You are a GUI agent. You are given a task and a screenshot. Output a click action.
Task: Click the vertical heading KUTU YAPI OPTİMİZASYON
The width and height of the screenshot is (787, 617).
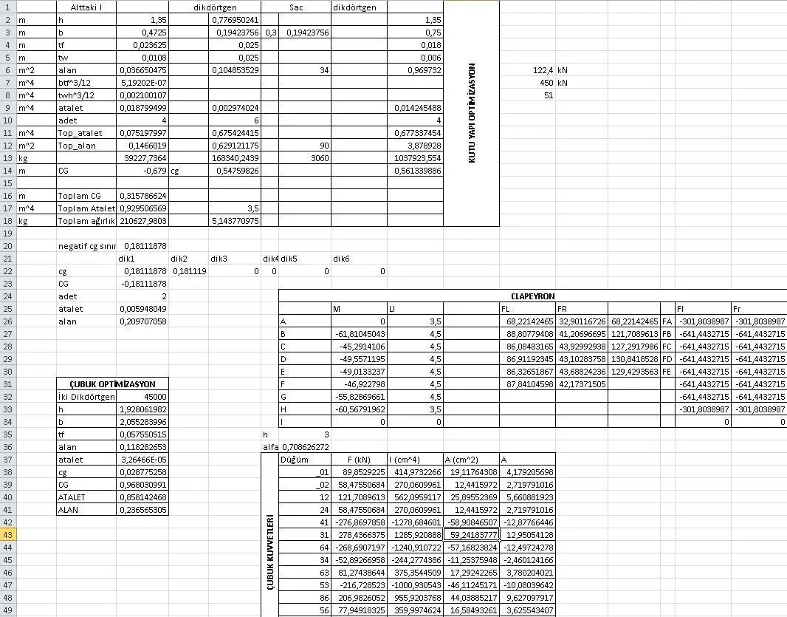tap(472, 113)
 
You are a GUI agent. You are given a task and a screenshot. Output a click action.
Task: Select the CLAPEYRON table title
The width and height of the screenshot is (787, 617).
tap(532, 296)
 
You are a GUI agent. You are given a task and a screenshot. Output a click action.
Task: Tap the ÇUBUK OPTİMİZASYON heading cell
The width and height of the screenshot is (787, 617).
tap(112, 384)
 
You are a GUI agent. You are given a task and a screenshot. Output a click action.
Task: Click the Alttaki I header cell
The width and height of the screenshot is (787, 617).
tap(86, 7)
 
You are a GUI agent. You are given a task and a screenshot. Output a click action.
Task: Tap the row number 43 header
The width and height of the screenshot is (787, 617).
tap(8, 534)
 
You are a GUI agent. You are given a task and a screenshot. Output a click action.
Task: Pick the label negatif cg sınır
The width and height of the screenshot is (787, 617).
tap(87, 245)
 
